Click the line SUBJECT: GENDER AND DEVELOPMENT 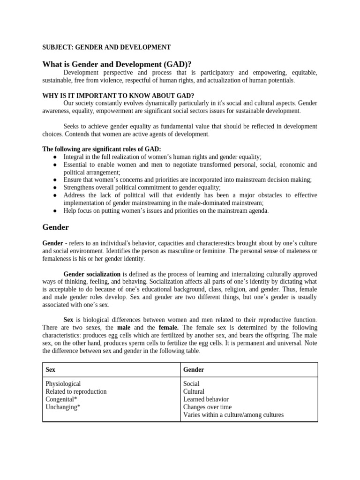pyautogui.click(x=106, y=47)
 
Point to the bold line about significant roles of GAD pyautogui.click(x=102, y=149)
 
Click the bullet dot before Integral pyautogui.click(x=55, y=157)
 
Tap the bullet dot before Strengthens pyautogui.click(x=55, y=187)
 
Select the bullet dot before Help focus pyautogui.click(x=55, y=211)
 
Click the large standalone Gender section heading pyautogui.click(x=55, y=227)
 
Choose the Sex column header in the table pyautogui.click(x=50, y=369)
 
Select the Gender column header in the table pyautogui.click(x=194, y=369)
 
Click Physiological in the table pyautogui.click(x=63, y=383)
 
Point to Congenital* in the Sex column pyautogui.click(x=61, y=399)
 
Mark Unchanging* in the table pyautogui.click(x=63, y=407)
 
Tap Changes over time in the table pyautogui.click(x=207, y=407)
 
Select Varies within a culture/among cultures pyautogui.click(x=233, y=415)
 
